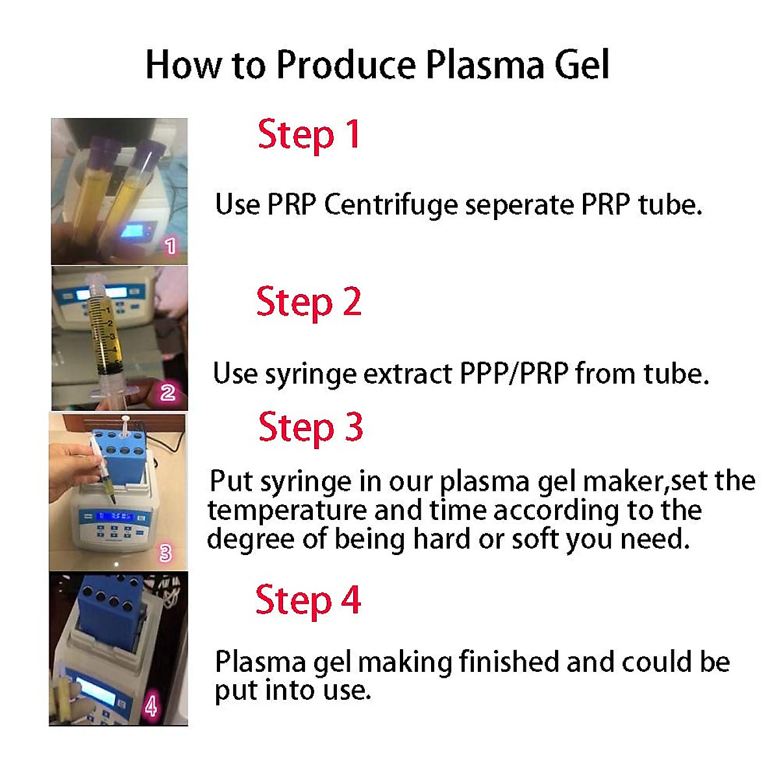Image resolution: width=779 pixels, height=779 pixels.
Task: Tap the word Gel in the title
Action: point(582,65)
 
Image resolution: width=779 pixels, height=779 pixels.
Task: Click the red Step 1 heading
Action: point(308,135)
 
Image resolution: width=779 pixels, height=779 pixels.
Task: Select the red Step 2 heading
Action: point(308,303)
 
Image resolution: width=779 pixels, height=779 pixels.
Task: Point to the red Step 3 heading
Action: point(310,428)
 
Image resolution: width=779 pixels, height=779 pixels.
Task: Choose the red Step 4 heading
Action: point(308,600)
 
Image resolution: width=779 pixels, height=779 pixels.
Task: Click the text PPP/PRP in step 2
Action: point(513,374)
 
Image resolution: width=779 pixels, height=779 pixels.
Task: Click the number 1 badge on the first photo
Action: point(170,246)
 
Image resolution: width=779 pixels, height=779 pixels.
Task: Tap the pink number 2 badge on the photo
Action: point(167,392)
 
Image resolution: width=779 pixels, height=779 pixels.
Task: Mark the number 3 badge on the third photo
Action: point(166,553)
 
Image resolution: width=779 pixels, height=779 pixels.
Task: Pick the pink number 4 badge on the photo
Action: point(151,706)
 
